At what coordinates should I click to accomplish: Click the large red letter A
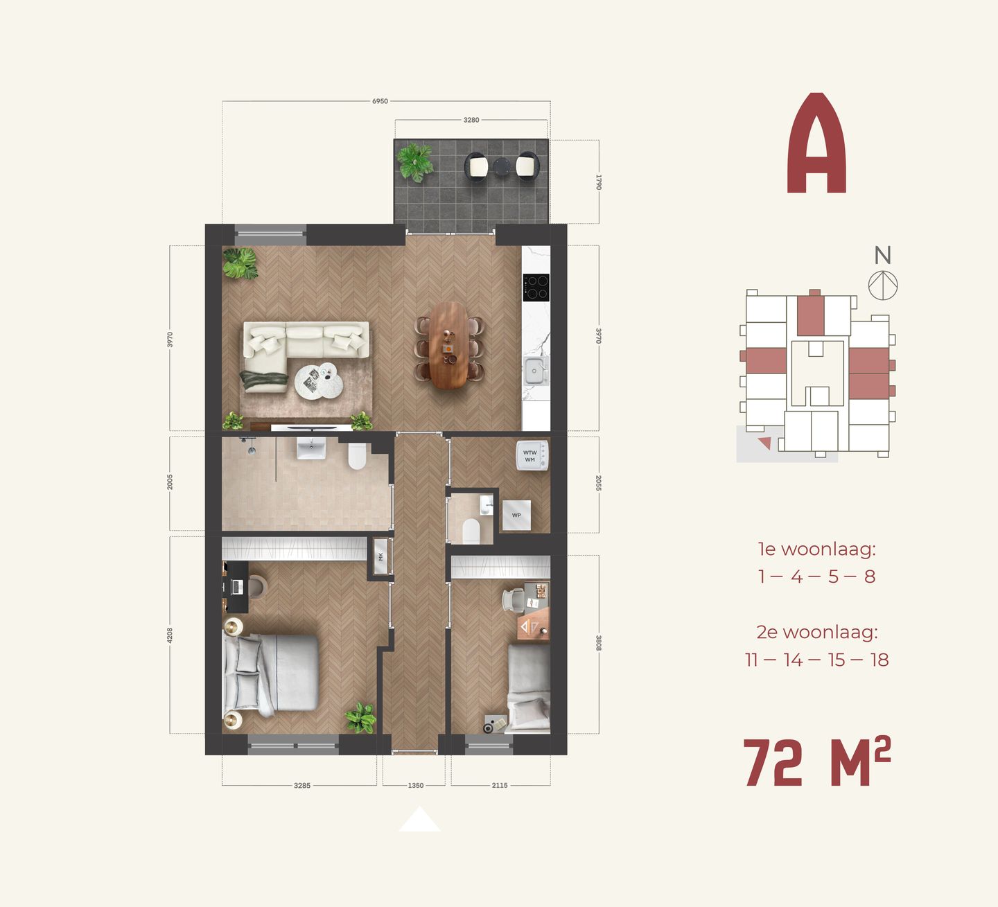816,144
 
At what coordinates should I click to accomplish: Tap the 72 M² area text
816,763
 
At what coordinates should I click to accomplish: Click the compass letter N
882,256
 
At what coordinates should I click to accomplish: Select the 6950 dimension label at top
380,101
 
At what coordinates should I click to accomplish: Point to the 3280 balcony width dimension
471,120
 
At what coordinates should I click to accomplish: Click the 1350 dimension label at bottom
415,785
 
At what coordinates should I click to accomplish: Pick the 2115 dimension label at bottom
500,785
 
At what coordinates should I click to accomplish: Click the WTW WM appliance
532,456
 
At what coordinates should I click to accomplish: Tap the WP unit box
516,516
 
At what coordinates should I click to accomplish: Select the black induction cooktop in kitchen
536,287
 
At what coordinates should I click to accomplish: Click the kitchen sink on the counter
534,371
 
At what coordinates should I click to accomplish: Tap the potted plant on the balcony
415,162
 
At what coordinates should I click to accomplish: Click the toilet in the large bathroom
357,456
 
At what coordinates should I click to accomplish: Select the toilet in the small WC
471,531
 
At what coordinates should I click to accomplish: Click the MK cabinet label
380,556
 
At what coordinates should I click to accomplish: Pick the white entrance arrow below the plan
419,820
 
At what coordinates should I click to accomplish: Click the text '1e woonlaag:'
816,549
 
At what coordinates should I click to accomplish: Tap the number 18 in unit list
879,660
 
